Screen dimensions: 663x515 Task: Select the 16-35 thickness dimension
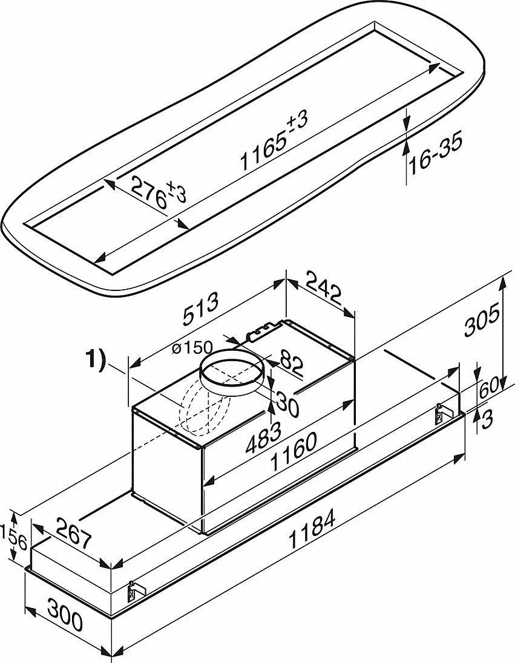pos(434,154)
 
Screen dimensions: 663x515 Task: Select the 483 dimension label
pos(265,434)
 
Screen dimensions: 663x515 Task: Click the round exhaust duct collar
pos(233,375)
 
